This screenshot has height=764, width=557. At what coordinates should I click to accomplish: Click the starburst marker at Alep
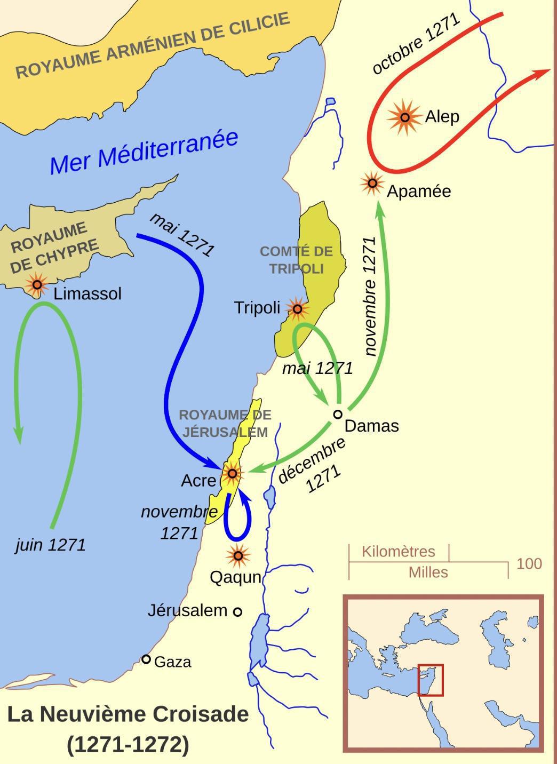(405, 117)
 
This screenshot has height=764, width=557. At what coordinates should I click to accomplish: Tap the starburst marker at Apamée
(372, 184)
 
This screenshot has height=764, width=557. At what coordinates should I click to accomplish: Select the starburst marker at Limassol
(37, 285)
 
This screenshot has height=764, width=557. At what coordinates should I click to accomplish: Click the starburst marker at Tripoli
(297, 308)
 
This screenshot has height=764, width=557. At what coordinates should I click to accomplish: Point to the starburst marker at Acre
(232, 473)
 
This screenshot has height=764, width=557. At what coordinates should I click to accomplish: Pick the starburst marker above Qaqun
(238, 556)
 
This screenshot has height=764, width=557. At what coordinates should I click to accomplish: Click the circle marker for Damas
(338, 414)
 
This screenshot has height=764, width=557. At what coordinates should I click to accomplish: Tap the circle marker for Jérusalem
(238, 611)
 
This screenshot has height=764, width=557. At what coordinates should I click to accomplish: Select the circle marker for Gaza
(146, 659)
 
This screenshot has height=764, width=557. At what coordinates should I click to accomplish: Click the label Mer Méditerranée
(144, 152)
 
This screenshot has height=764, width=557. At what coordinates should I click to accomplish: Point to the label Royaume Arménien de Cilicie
(152, 46)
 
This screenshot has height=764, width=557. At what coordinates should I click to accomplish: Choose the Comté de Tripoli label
(296, 260)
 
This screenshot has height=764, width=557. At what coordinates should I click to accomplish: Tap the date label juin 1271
(51, 545)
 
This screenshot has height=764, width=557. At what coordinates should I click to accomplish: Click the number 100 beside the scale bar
(529, 564)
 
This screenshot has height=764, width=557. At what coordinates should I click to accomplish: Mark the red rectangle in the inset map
(430, 680)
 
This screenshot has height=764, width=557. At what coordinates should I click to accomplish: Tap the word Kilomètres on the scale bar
(398, 552)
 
